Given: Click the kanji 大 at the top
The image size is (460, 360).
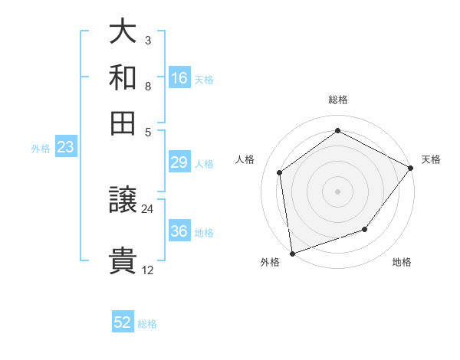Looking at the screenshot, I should tap(123, 32).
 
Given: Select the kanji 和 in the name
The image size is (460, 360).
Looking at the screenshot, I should tap(123, 77).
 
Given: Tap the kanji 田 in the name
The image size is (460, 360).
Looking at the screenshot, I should tap(123, 123).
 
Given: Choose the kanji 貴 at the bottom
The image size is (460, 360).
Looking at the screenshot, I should tap(123, 260).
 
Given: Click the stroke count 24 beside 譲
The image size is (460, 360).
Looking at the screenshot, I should tap(147, 208).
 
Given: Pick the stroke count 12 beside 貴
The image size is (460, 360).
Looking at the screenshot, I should tap(147, 270).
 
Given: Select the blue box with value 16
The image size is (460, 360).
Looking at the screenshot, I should tap(179, 78).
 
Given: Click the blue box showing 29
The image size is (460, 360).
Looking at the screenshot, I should tap(179, 162).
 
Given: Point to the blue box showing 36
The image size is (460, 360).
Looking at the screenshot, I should tap(179, 231).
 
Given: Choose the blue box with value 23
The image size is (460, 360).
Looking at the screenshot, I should tap(64, 148).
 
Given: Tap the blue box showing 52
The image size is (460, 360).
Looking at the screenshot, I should tap(123, 322).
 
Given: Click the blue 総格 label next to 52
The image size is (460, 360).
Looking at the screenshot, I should tap(147, 324).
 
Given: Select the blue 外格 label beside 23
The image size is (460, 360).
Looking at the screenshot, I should tap(41, 149).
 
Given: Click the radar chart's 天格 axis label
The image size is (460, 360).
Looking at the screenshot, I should tap(431, 159).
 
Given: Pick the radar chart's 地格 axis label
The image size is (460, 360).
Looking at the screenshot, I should tap(402, 263).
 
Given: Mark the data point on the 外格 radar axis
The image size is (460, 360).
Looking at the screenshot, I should tap(292, 253).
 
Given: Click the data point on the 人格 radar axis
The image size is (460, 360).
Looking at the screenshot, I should tap(280, 172).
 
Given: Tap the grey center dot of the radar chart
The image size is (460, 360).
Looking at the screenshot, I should tap(337, 191).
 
